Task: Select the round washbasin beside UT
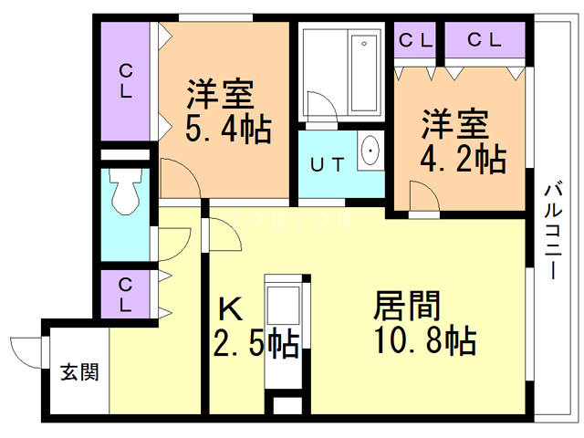[x=370, y=151]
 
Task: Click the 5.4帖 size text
[x=228, y=130]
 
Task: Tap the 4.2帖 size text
[x=463, y=160]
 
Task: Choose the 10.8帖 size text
[x=423, y=340]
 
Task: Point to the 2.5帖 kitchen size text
[x=255, y=345]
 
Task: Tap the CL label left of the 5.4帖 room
[x=127, y=80]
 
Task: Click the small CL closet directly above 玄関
[x=127, y=294]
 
